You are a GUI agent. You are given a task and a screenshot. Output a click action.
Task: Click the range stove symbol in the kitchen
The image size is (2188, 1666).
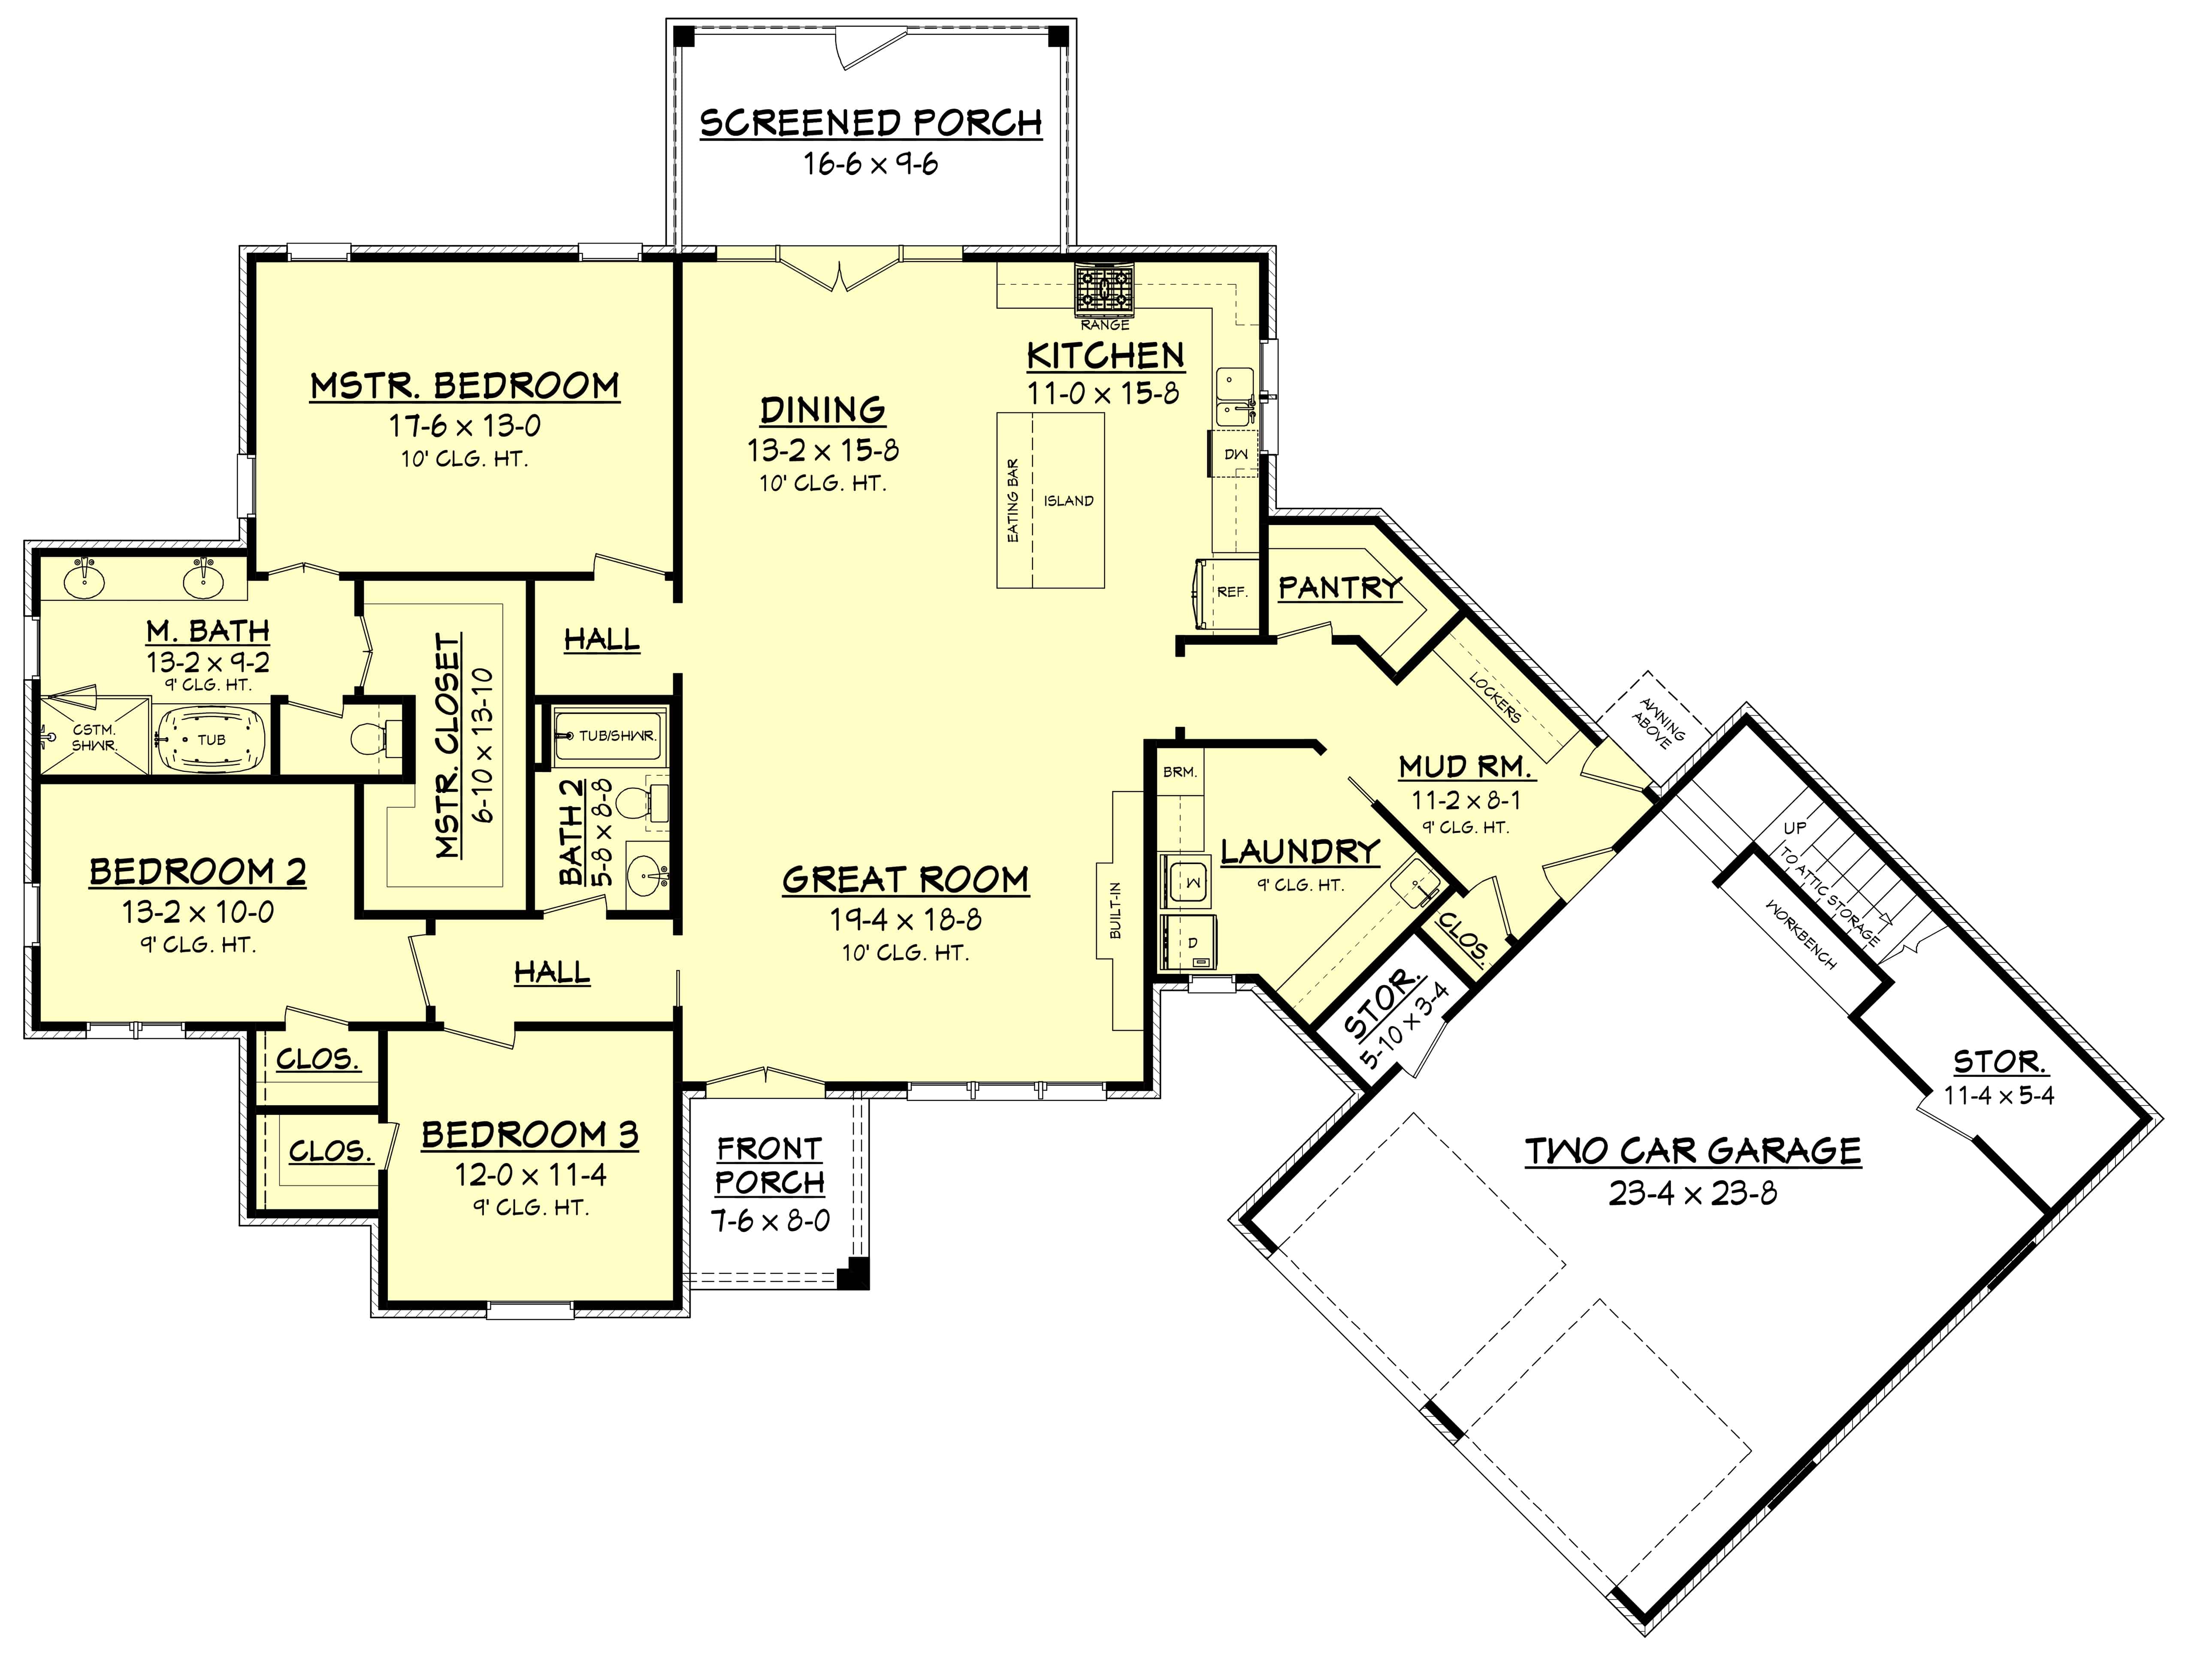1104,291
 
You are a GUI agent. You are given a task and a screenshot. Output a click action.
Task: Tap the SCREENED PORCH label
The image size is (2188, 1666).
871,123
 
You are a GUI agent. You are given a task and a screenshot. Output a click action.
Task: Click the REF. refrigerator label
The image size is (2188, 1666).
1232,592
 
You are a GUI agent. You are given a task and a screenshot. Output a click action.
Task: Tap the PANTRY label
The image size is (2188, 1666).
1339,588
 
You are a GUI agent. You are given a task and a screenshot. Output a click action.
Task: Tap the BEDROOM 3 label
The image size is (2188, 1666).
530,1135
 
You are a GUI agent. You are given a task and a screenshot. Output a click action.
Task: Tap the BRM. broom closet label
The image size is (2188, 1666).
1179,771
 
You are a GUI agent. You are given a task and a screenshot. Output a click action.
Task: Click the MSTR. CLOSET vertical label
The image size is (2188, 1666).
448,746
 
